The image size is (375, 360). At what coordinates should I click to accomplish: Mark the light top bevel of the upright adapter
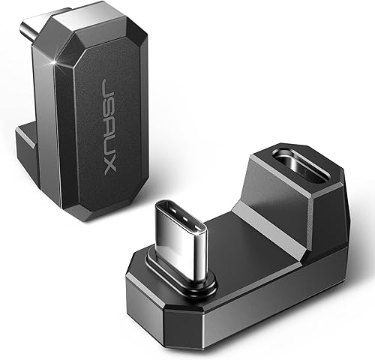point(97,34)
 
